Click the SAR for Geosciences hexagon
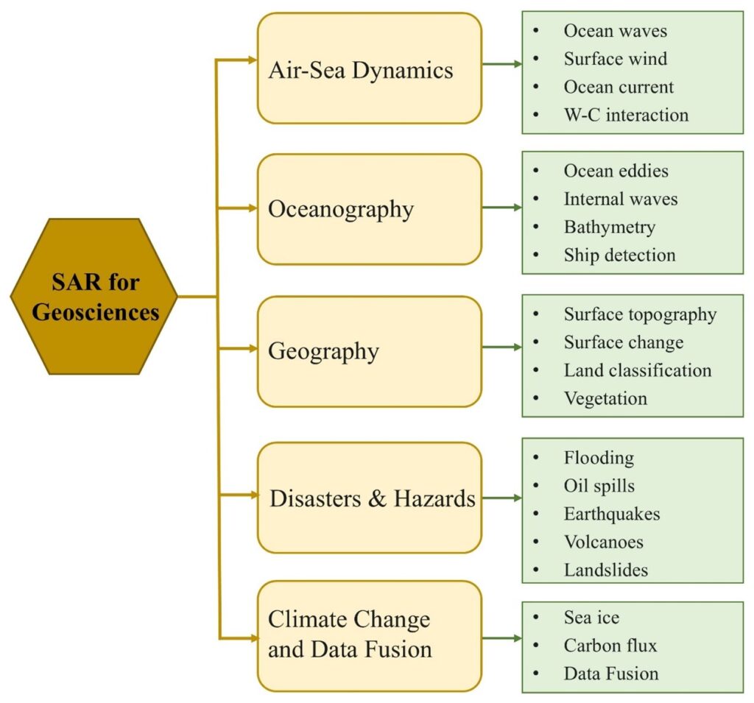coord(94,296)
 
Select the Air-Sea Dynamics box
coord(370,68)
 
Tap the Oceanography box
coord(370,209)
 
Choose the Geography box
coord(370,352)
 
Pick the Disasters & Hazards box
coord(370,498)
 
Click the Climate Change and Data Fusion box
coord(370,636)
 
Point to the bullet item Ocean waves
coord(616,31)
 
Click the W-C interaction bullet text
coord(626,115)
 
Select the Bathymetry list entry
coord(610,227)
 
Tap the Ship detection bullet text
coord(620,255)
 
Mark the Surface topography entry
coord(640,314)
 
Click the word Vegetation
coord(605,399)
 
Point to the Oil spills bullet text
coord(599,486)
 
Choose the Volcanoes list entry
coord(604,542)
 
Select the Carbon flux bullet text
coord(610,646)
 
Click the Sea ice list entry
coord(591,618)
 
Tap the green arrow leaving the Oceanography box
coord(502,208)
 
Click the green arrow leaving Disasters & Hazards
coord(502,498)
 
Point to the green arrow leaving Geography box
coord(502,347)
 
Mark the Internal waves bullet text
coord(621,199)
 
